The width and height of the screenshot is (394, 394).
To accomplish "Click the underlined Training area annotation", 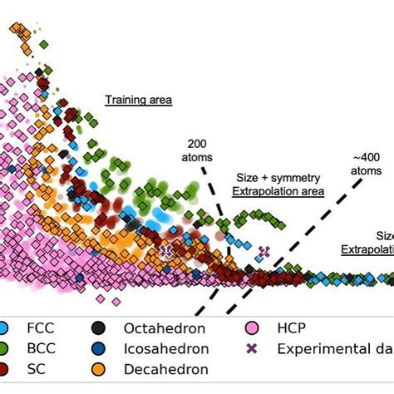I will point(138,101).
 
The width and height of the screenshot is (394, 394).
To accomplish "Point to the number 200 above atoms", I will point(199,142).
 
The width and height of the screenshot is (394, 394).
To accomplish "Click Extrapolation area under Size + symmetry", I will point(278,191).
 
